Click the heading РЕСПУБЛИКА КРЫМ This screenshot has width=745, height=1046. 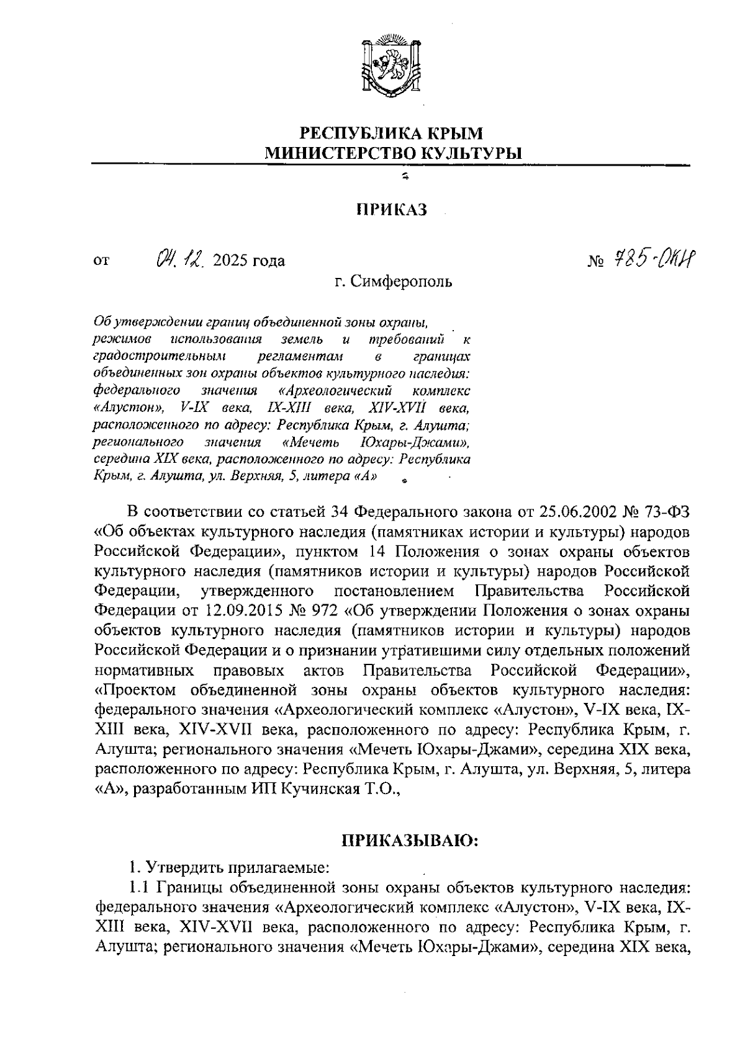click(x=391, y=133)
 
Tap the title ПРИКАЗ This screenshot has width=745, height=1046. click(x=391, y=210)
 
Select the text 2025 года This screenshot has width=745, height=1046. click(x=248, y=261)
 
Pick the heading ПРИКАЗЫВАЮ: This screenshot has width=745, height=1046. click(x=409, y=842)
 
